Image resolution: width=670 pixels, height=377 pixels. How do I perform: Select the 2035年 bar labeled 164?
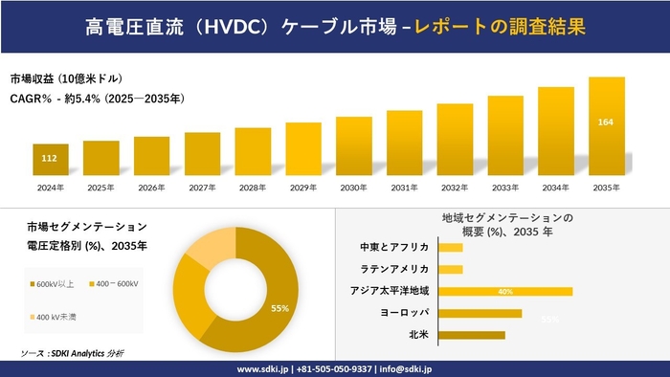606,124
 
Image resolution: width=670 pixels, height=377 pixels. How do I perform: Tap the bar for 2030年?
353,145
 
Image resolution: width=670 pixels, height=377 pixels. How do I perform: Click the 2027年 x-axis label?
202,188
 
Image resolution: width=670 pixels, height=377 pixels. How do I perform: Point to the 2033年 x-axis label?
504,188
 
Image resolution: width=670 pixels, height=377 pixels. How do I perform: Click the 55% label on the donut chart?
280,308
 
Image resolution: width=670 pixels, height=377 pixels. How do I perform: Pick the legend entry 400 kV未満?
59,317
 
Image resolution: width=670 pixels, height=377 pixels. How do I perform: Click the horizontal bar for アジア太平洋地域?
505,291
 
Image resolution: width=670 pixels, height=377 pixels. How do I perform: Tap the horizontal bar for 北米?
472,335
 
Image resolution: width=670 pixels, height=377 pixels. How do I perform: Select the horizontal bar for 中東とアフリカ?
451,248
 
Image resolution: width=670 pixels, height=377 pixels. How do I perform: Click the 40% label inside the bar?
505,291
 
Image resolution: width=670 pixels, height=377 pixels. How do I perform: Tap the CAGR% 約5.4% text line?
97,99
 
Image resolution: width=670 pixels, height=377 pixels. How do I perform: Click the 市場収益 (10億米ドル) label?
66,78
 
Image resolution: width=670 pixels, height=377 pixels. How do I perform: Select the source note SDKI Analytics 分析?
72,353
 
